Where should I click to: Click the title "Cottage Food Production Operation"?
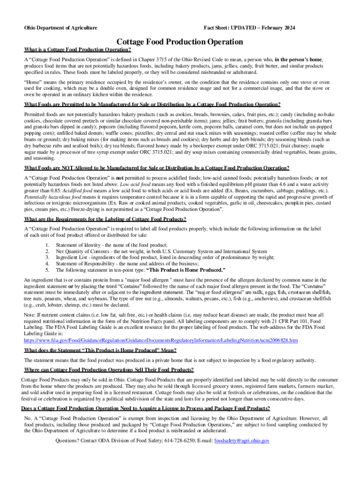click(180, 42)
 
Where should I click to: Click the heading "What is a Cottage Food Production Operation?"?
click(78, 50)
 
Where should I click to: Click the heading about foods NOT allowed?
click(157, 168)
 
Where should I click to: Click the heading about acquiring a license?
click(146, 408)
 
